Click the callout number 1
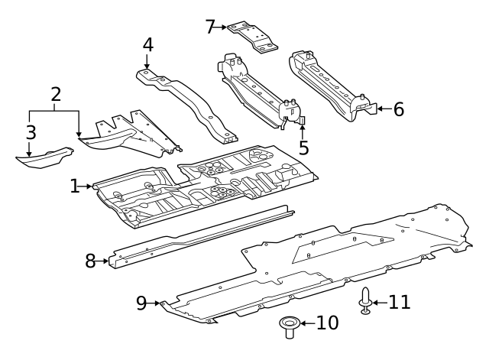75,186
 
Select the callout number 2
56,95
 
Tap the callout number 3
31,132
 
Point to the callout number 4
147,44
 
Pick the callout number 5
303,148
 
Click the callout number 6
398,109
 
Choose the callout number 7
211,27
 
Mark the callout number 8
90,261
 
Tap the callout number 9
141,303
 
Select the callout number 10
327,323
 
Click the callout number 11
399,302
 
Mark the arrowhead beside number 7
226,28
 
